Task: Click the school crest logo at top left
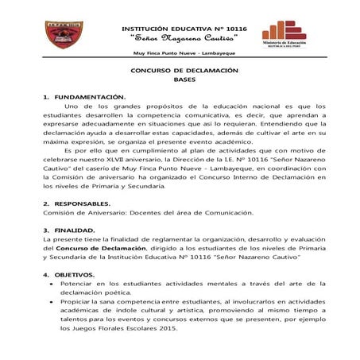coord(63,37)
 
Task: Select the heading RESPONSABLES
coord(85,203)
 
